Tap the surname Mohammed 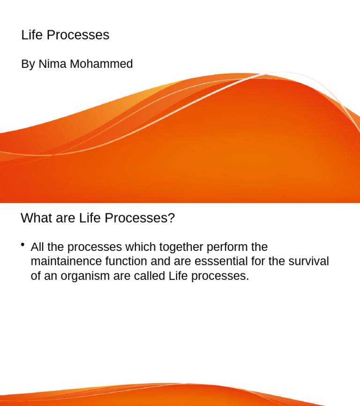pos(101,64)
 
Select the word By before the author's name pos(28,64)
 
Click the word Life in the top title pos(32,35)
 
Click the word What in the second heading pos(36,218)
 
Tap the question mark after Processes pos(172,218)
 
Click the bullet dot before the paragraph pos(22,245)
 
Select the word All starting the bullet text pos(37,247)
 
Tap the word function pos(126,261)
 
